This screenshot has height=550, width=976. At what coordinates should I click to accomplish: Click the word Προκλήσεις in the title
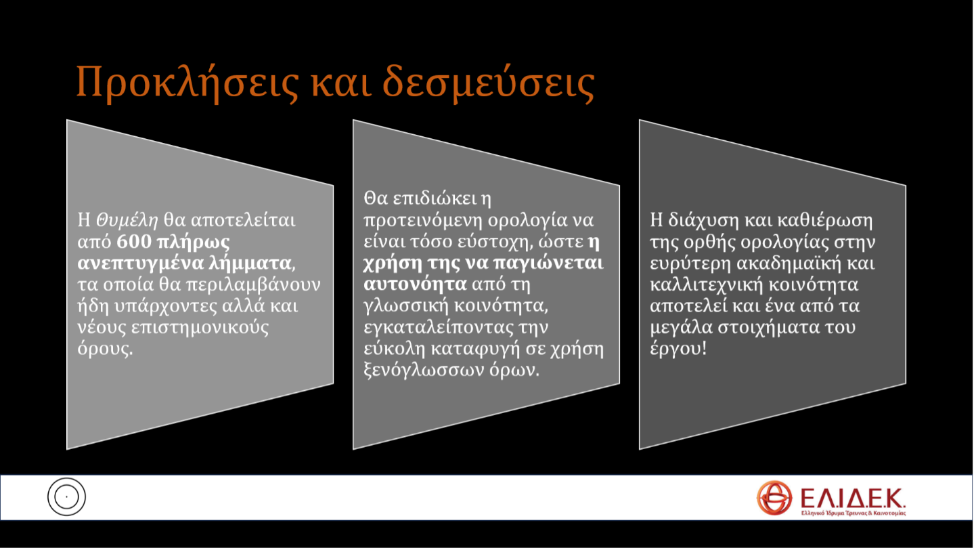tap(187, 83)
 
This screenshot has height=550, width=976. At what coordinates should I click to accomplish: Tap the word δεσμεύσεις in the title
tap(489, 83)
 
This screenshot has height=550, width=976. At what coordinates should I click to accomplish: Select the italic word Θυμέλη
tap(127, 220)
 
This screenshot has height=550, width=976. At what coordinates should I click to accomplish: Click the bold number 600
tap(134, 242)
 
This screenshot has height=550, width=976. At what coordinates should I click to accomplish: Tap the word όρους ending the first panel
tap(104, 349)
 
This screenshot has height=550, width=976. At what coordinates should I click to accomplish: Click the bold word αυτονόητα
tap(415, 284)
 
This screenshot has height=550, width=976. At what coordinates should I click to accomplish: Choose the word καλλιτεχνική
tap(707, 284)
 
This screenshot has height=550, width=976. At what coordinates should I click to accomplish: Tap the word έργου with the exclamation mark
tap(678, 349)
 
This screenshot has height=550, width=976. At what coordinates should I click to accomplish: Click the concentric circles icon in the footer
tap(66, 496)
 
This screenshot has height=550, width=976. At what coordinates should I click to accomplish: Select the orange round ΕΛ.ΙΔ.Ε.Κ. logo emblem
tap(774, 498)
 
